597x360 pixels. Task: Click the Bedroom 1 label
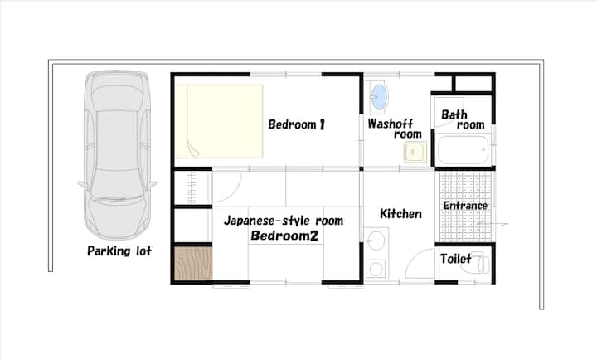[x=297, y=124]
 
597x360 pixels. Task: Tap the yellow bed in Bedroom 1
[x=219, y=121]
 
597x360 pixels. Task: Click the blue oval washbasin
[x=379, y=97]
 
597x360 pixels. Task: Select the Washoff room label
[x=395, y=129]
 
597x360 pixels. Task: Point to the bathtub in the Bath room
[x=463, y=149]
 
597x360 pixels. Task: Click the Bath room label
[x=463, y=119]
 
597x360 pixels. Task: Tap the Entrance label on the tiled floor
[x=465, y=206]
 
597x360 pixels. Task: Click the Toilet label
[x=456, y=259]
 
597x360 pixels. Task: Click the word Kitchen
[x=401, y=214]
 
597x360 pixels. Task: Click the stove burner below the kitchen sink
[x=376, y=269]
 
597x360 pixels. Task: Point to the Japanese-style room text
[x=284, y=221]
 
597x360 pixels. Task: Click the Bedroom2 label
[x=284, y=236]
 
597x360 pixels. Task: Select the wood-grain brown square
[x=193, y=263]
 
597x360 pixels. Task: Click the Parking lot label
[x=119, y=251]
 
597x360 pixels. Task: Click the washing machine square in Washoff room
[x=415, y=152]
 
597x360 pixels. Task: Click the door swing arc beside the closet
[x=233, y=192]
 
